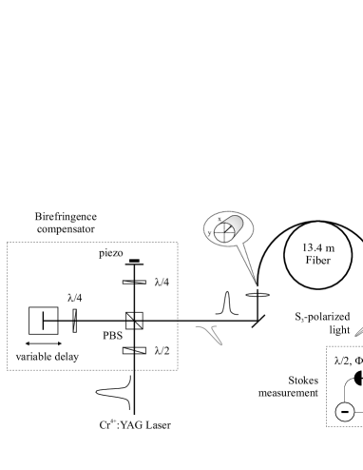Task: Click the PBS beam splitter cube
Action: point(134,321)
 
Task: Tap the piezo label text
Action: point(111,253)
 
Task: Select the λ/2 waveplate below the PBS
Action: point(134,350)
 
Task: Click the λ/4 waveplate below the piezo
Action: point(134,282)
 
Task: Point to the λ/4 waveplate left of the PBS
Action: point(75,321)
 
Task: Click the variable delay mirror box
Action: point(44,321)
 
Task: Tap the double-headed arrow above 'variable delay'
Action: point(44,343)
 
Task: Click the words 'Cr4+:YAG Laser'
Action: point(135,425)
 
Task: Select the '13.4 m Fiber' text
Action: point(318,254)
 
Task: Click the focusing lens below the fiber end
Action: point(258,295)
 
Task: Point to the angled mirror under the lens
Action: point(258,321)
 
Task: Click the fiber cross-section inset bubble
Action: point(228,228)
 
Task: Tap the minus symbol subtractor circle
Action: point(344,412)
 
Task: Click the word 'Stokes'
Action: point(303,381)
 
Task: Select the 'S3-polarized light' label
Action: point(322,323)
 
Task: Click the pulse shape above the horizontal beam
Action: point(227,304)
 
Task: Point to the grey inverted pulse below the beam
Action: point(210,335)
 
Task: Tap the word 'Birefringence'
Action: point(66,217)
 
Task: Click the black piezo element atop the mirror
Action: point(134,261)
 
